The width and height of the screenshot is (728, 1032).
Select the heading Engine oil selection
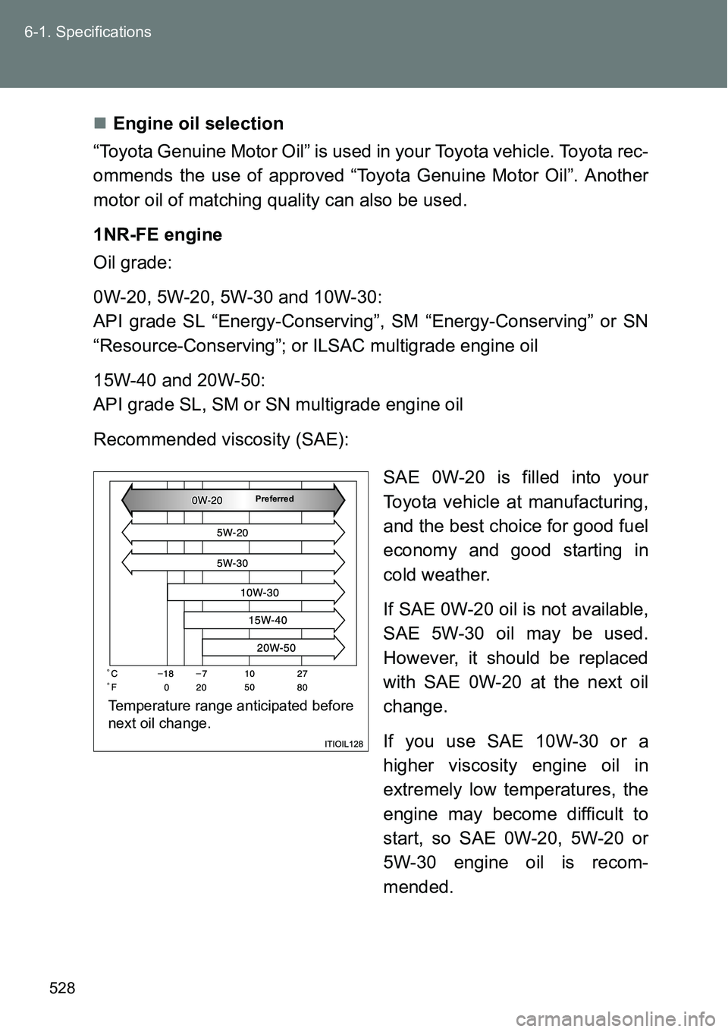tap(198, 124)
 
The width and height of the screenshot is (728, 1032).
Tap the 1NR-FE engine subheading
tap(158, 234)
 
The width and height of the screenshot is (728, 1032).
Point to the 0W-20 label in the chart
tap(207, 500)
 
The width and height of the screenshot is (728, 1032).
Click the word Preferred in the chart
tap(274, 499)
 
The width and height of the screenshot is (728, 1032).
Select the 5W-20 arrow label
tap(232, 533)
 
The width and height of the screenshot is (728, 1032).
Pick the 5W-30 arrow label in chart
tap(232, 563)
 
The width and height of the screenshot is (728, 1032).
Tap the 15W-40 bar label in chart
tap(268, 620)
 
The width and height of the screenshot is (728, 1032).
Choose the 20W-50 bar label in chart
tap(276, 648)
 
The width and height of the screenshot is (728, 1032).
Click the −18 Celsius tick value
tap(165, 673)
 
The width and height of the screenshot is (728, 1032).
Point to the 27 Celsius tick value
tap(302, 673)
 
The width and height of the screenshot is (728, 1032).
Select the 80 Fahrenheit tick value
tap(302, 687)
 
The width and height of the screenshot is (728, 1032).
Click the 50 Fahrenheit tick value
tap(249, 687)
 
